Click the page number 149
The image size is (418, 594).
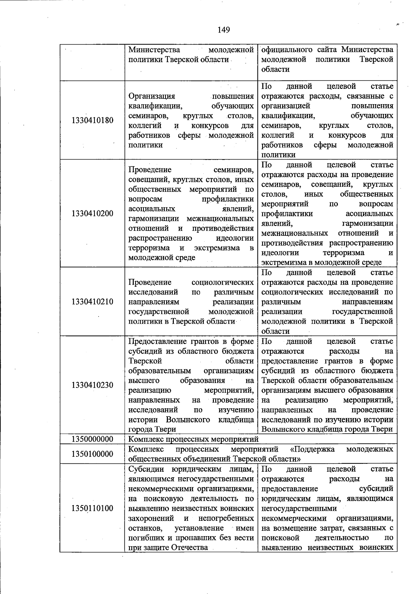pyautogui.click(x=224, y=30)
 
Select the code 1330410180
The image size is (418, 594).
pyautogui.click(x=92, y=121)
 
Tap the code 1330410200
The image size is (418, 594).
pyautogui.click(x=92, y=214)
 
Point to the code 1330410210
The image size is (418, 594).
pyautogui.click(x=92, y=302)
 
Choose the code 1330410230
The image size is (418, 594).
pyautogui.click(x=92, y=385)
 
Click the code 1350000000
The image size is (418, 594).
pyautogui.click(x=92, y=439)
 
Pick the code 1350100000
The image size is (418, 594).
pyautogui.click(x=92, y=454)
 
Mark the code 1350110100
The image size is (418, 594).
pyautogui.click(x=92, y=508)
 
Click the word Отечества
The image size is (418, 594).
pyautogui.click(x=189, y=547)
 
